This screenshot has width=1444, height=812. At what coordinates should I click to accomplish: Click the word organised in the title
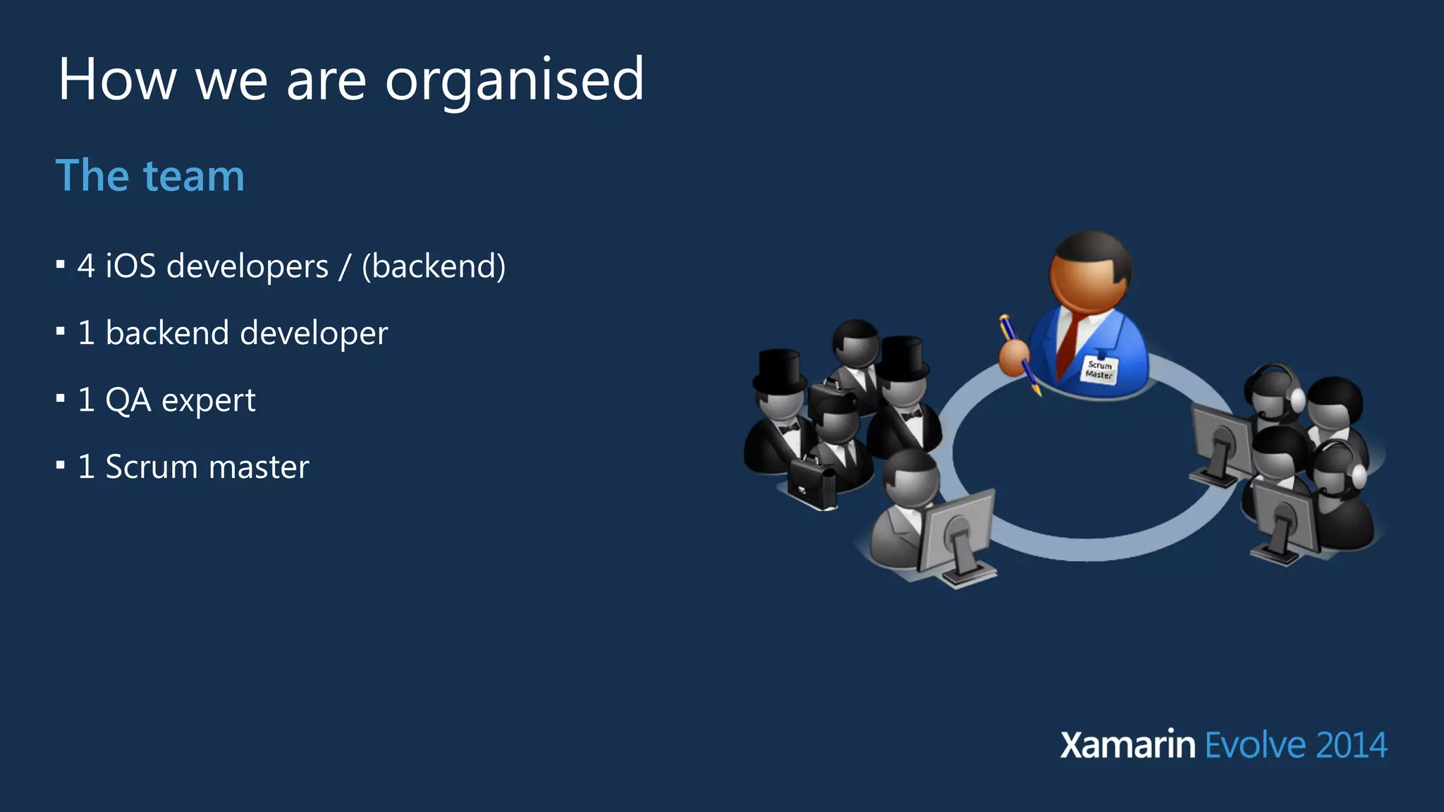[514, 80]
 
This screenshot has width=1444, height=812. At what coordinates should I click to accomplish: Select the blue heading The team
[150, 176]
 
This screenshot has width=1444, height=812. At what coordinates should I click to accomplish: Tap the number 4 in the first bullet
[86, 266]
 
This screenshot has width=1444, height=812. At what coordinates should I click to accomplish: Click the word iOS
[130, 266]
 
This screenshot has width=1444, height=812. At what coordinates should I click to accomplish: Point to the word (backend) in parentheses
[434, 266]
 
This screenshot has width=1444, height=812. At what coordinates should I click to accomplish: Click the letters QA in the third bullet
[128, 400]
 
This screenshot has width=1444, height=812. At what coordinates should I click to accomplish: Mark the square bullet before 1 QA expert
[61, 399]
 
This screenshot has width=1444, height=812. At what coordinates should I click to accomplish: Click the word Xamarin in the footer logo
[1127, 746]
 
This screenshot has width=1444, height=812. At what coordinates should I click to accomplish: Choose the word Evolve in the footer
[1256, 746]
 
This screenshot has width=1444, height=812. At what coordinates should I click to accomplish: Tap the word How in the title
[117, 80]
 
